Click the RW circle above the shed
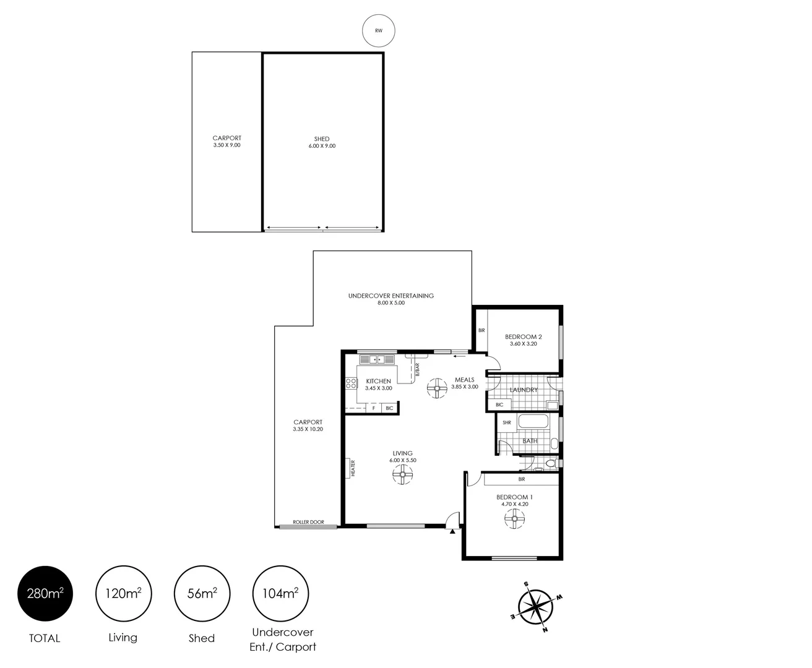378,30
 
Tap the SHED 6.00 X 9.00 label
322,142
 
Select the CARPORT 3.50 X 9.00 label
227,142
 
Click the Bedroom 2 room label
523,340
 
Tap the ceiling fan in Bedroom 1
514,519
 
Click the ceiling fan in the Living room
402,475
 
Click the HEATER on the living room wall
352,468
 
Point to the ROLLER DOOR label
308,522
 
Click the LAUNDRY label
524,390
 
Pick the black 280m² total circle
45,594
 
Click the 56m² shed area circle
202,594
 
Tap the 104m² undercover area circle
281,594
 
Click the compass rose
535,606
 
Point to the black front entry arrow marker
453,531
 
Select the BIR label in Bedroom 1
521,479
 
